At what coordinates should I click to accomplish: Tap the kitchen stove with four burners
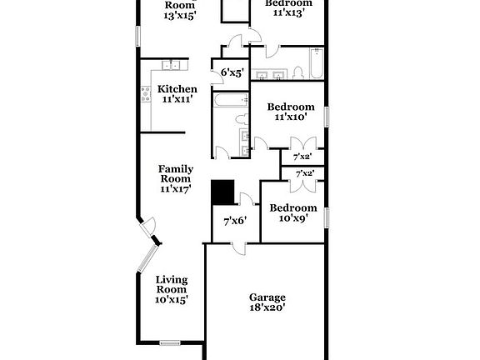(x=147, y=93)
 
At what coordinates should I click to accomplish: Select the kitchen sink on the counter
(x=172, y=64)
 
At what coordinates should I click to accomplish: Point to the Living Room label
(x=172, y=289)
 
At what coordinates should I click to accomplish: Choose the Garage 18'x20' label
(x=267, y=302)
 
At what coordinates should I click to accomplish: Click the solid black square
(x=222, y=192)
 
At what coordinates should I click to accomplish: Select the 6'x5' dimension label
(x=231, y=73)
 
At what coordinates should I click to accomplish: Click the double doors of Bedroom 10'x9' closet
(x=302, y=187)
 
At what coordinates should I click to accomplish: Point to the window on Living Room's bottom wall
(x=171, y=342)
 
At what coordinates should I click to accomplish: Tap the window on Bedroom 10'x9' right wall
(x=326, y=216)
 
